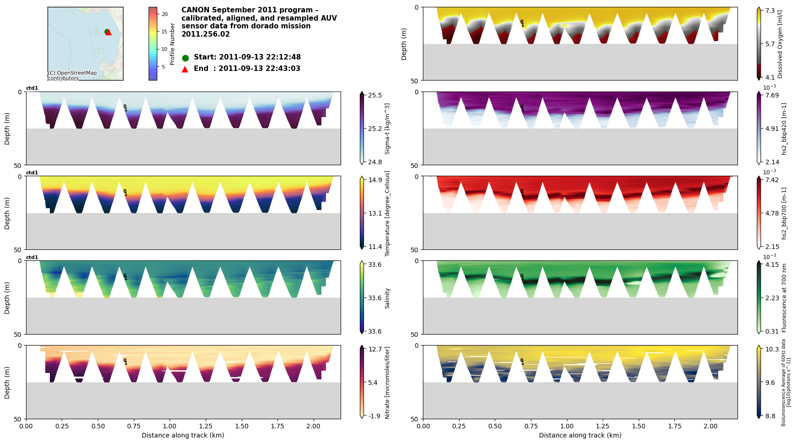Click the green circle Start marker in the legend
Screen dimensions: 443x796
pyautogui.click(x=185, y=58)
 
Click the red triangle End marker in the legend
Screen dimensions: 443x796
pyautogui.click(x=185, y=69)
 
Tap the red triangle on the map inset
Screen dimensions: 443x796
pyautogui.click(x=109, y=33)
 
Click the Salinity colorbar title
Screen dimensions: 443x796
pyautogui.click(x=387, y=298)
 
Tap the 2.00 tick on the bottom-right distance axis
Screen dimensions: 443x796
pyautogui.click(x=711, y=426)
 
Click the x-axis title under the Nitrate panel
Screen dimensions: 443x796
pyautogui.click(x=183, y=435)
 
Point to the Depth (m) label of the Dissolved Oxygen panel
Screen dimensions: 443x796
pyautogui.click(x=404, y=44)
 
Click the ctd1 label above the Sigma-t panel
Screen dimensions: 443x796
pyautogui.click(x=32, y=88)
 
